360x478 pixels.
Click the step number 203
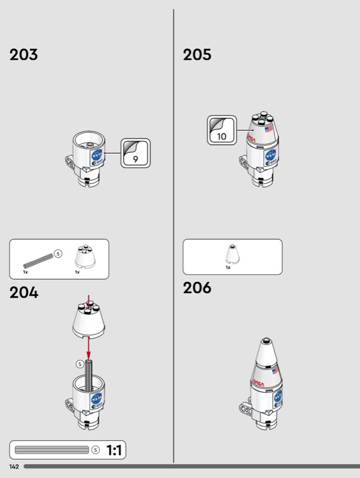tap(23, 55)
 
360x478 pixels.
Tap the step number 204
tap(24, 293)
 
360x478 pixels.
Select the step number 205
tap(197, 55)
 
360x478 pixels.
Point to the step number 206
tap(197, 288)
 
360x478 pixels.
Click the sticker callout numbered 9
tap(136, 154)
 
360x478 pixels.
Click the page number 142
tap(14, 465)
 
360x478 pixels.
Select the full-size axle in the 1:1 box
tap(52, 450)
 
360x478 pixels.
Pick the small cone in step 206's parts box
tap(231, 253)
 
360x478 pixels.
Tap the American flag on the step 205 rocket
tap(268, 128)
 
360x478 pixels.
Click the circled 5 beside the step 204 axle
tap(80, 364)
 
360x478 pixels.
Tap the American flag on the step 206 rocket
tap(274, 371)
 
